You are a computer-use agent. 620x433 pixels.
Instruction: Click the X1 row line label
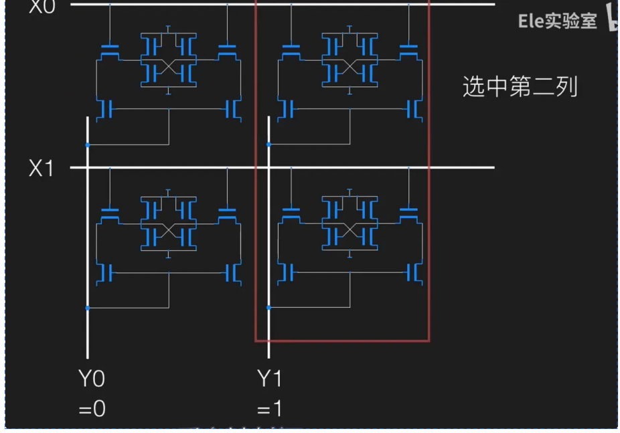41,169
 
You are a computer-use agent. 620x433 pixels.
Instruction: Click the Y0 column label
91,379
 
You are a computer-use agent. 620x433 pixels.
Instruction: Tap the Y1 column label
270,379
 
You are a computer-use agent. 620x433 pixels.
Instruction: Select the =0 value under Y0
92,408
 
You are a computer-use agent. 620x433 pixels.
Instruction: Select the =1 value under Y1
270,408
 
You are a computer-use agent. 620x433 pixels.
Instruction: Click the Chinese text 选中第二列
520,87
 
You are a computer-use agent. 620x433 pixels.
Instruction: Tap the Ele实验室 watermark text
557,21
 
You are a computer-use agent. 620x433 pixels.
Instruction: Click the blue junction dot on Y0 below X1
87,308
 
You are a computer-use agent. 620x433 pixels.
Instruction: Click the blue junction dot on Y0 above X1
87,145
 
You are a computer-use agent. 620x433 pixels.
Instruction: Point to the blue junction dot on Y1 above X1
268,145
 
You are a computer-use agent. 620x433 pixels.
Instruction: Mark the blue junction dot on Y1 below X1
268,308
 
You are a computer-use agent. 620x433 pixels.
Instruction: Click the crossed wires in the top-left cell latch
168,67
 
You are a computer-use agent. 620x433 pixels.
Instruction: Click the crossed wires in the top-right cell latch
349,67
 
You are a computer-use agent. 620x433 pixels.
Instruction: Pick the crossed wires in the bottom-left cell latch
168,231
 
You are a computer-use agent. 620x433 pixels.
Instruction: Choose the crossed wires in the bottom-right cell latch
349,231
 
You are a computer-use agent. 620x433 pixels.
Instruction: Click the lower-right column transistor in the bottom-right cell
414,273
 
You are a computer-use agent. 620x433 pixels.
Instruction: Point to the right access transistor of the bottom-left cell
228,215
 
